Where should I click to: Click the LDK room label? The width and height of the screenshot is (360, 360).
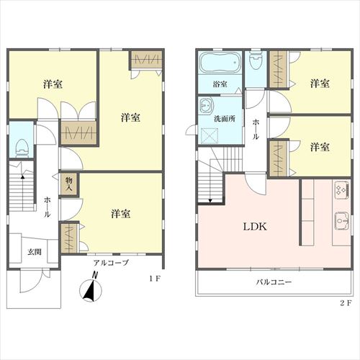(255, 227)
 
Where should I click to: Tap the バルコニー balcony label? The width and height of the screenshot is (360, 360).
(274, 282)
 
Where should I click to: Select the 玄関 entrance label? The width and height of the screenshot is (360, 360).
(35, 252)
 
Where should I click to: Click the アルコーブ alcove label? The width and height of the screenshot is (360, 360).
(111, 263)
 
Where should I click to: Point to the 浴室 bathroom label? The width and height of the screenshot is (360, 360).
(220, 84)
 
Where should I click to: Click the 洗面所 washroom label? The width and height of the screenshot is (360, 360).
(225, 119)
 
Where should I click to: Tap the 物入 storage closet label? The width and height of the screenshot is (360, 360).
(69, 184)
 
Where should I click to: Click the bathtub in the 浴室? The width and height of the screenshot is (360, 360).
(220, 62)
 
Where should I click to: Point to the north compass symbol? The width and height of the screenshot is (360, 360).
(91, 289)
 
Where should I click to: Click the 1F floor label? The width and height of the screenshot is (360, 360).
(155, 279)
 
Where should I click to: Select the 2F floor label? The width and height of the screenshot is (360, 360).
(346, 303)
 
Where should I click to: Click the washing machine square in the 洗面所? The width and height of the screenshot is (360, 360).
(210, 135)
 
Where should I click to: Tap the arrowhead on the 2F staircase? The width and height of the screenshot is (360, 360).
(210, 201)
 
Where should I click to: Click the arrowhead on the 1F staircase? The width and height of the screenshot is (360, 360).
(22, 177)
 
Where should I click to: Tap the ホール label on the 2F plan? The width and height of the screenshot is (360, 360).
(256, 130)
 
